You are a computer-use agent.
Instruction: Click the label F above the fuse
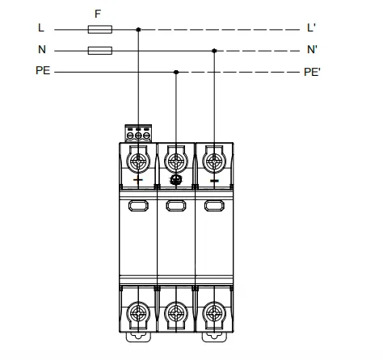(x=98, y=14)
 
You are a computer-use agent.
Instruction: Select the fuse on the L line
(x=100, y=29)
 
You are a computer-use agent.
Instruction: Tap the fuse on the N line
(x=100, y=51)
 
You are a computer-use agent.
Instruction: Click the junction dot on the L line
(x=138, y=30)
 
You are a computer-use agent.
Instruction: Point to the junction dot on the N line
(x=214, y=51)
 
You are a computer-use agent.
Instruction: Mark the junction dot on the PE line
(x=176, y=72)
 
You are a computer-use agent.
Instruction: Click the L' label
(x=311, y=27)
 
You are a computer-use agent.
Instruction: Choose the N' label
(x=312, y=49)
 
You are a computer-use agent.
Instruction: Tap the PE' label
(x=312, y=72)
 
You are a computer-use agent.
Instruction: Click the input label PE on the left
(x=43, y=70)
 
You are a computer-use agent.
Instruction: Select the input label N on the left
(x=42, y=49)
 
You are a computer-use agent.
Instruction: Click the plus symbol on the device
(x=138, y=180)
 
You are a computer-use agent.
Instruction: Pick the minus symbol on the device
(x=214, y=181)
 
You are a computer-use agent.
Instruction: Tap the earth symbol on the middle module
(x=176, y=180)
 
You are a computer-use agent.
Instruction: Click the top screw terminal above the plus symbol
(x=138, y=161)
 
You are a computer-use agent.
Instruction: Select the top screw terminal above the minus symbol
(x=214, y=161)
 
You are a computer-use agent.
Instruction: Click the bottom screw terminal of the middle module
(x=176, y=313)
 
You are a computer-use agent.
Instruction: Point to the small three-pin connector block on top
(x=138, y=133)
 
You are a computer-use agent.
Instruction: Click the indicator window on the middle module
(x=176, y=206)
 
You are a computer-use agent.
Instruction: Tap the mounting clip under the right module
(x=214, y=337)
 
